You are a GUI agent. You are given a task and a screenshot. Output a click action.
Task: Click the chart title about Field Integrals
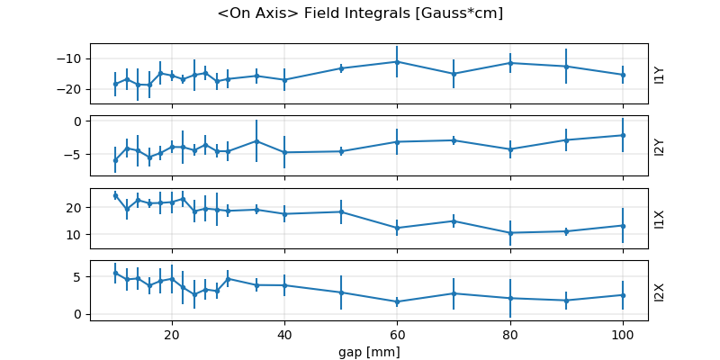point(360,13)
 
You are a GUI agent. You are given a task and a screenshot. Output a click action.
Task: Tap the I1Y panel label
point(660,74)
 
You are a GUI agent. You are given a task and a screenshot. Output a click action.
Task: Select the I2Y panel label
point(660,146)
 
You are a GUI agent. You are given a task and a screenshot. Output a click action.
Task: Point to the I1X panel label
point(660,219)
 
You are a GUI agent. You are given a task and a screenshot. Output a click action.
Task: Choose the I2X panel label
point(660,291)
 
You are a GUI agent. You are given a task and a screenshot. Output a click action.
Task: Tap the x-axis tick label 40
point(284,333)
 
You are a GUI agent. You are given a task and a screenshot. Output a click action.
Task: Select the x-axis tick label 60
point(397,333)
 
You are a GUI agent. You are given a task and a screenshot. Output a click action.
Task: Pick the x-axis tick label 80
point(510,333)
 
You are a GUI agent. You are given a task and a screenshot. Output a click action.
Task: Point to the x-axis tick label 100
point(623,333)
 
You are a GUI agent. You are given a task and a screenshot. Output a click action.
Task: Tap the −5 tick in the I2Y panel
point(77,154)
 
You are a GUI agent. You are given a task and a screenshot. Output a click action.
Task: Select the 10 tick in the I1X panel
point(77,234)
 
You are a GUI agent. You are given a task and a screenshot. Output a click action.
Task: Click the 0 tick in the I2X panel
point(80,314)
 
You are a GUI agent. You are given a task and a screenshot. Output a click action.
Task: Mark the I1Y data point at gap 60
point(397,61)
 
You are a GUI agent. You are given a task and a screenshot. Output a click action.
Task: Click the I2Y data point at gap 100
point(623,135)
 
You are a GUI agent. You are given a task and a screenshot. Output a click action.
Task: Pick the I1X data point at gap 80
point(510,233)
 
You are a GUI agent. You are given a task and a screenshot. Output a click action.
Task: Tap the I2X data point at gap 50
point(341,292)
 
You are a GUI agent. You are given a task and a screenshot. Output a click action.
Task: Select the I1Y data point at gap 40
point(284,80)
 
